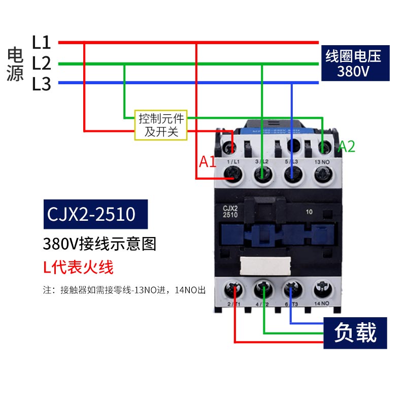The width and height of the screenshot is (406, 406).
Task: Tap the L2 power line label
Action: [42, 63]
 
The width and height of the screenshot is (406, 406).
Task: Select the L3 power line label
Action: [42, 84]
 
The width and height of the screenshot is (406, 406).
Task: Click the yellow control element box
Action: [161, 125]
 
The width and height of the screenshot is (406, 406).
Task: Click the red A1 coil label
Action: [208, 162]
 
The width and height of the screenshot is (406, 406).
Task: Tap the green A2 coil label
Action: [347, 147]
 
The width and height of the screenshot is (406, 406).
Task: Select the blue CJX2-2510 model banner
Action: [91, 214]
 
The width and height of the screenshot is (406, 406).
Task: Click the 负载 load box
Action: [355, 333]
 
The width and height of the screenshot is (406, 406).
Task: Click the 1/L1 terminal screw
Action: [233, 176]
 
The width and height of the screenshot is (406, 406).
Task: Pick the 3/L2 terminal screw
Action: [262, 176]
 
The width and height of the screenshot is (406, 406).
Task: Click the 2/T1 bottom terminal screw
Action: [234, 290]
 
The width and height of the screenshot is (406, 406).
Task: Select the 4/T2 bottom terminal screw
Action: [263, 290]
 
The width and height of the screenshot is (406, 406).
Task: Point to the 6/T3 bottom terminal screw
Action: [292, 290]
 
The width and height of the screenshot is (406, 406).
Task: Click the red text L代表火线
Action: [77, 267]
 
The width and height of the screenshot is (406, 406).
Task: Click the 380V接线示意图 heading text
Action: [100, 244]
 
